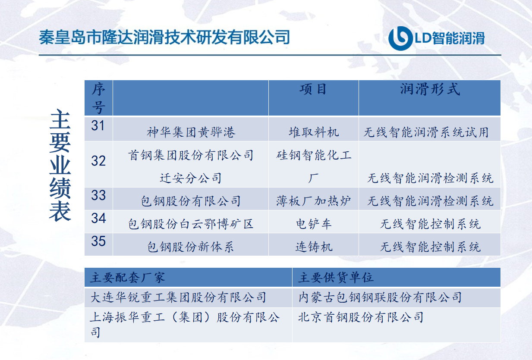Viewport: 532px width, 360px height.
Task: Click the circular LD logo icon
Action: (x=400, y=38)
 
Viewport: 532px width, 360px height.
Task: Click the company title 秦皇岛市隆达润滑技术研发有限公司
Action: (x=164, y=37)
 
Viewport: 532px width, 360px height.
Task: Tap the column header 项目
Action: (x=313, y=89)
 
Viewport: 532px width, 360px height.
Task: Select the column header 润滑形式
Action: (x=430, y=89)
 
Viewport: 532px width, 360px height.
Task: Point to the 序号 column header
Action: (x=98, y=98)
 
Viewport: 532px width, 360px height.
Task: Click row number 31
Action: (x=98, y=125)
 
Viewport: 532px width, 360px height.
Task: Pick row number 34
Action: (x=98, y=218)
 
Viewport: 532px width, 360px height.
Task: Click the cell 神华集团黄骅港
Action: (x=191, y=132)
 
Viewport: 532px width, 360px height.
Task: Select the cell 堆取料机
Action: (x=314, y=132)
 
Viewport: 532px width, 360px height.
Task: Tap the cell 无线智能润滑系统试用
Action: (x=426, y=132)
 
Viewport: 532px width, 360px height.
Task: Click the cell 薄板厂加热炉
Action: (x=314, y=201)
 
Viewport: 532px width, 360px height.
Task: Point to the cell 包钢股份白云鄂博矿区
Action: (x=191, y=224)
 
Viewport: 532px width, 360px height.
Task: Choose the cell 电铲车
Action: (x=314, y=224)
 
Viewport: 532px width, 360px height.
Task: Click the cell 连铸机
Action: (x=314, y=247)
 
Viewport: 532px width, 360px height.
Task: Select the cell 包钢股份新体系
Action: (x=191, y=247)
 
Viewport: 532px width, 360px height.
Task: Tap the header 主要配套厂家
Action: (x=127, y=277)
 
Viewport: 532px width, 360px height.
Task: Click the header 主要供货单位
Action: (x=336, y=277)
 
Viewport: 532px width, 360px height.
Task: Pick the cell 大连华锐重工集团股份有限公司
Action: (x=178, y=297)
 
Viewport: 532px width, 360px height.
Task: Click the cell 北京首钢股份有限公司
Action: (x=361, y=317)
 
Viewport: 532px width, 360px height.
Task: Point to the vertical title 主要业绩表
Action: (x=60, y=166)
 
